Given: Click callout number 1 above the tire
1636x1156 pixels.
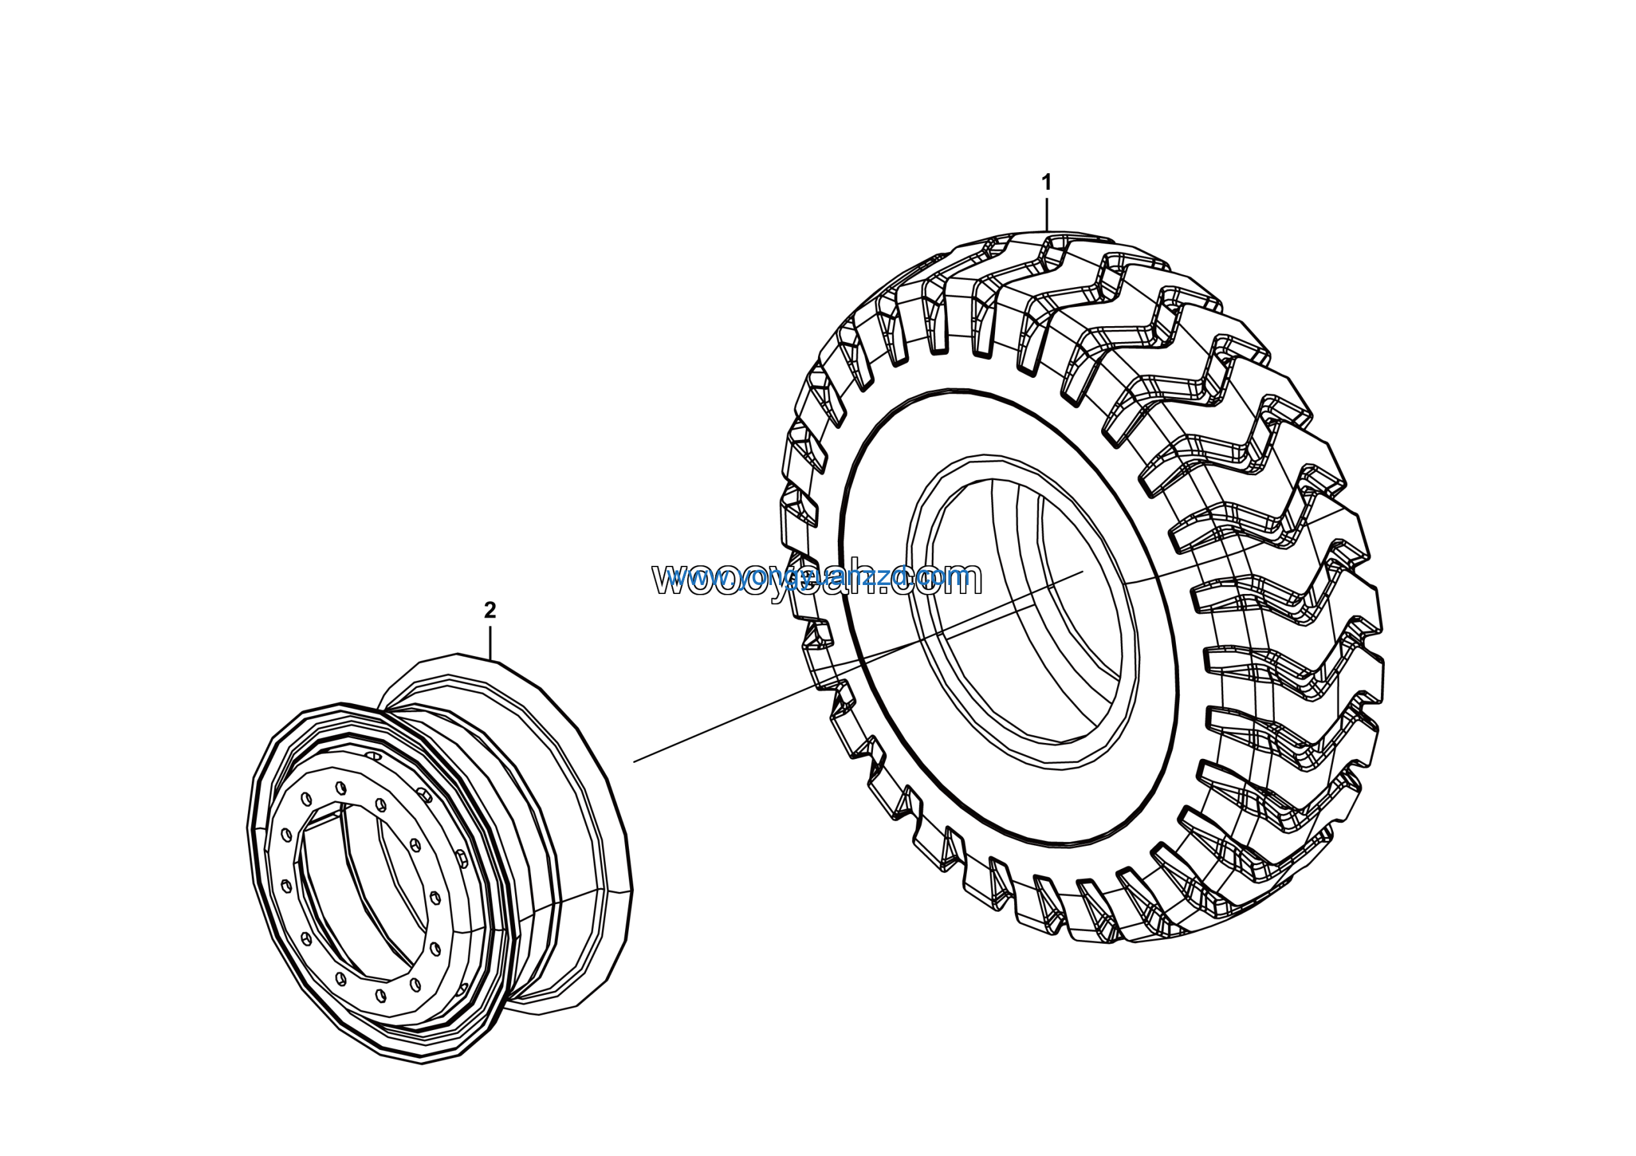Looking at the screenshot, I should tap(1046, 183).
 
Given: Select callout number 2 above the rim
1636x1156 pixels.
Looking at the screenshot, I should tap(490, 610).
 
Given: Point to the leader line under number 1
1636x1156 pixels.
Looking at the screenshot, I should tap(1046, 213).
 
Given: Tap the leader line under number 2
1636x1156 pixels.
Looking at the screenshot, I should tap(490, 641).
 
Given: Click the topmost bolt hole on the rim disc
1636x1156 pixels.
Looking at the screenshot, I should tap(341, 788).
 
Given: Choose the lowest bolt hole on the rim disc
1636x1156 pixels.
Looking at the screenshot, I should tap(380, 995).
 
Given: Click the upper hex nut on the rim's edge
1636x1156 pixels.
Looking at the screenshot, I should tap(425, 795).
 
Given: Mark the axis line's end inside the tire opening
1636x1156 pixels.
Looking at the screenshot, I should tap(1082, 572).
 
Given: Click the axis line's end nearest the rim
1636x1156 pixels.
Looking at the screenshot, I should tap(635, 761).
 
